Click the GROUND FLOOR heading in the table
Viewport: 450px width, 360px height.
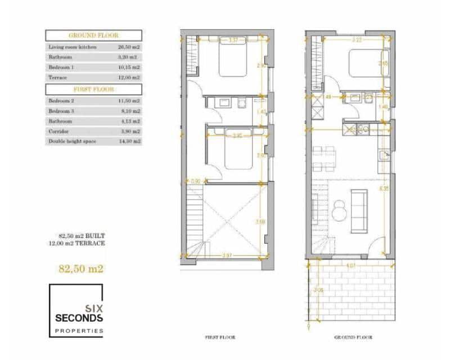coord(93,35)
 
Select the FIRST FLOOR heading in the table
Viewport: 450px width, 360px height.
coord(93,89)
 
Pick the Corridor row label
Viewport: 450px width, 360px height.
coord(60,131)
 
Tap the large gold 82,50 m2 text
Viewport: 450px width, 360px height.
coord(82,268)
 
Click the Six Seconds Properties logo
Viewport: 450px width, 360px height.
coord(76,310)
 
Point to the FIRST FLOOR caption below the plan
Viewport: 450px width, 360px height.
coord(219,337)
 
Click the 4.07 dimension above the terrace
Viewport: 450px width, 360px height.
coord(350,265)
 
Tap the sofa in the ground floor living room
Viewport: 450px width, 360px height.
coord(358,210)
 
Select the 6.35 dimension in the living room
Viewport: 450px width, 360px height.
coord(383,189)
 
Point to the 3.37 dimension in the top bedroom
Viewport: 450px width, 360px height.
coord(233,40)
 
